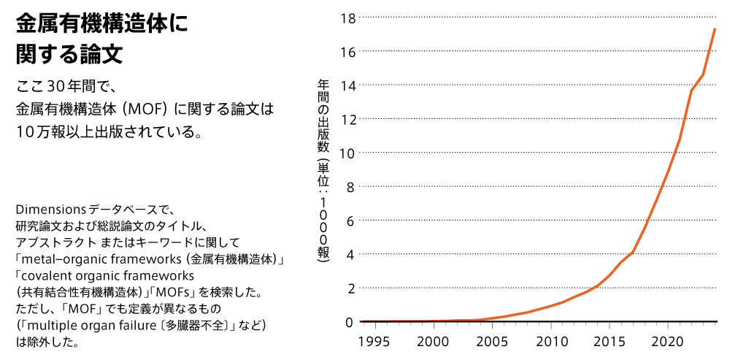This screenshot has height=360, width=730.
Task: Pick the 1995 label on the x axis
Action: click(x=376, y=341)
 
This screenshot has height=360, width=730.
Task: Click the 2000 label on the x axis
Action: click(x=434, y=341)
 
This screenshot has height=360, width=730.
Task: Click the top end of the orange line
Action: click(x=715, y=28)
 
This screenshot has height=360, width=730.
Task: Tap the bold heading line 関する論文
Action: click(x=69, y=55)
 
